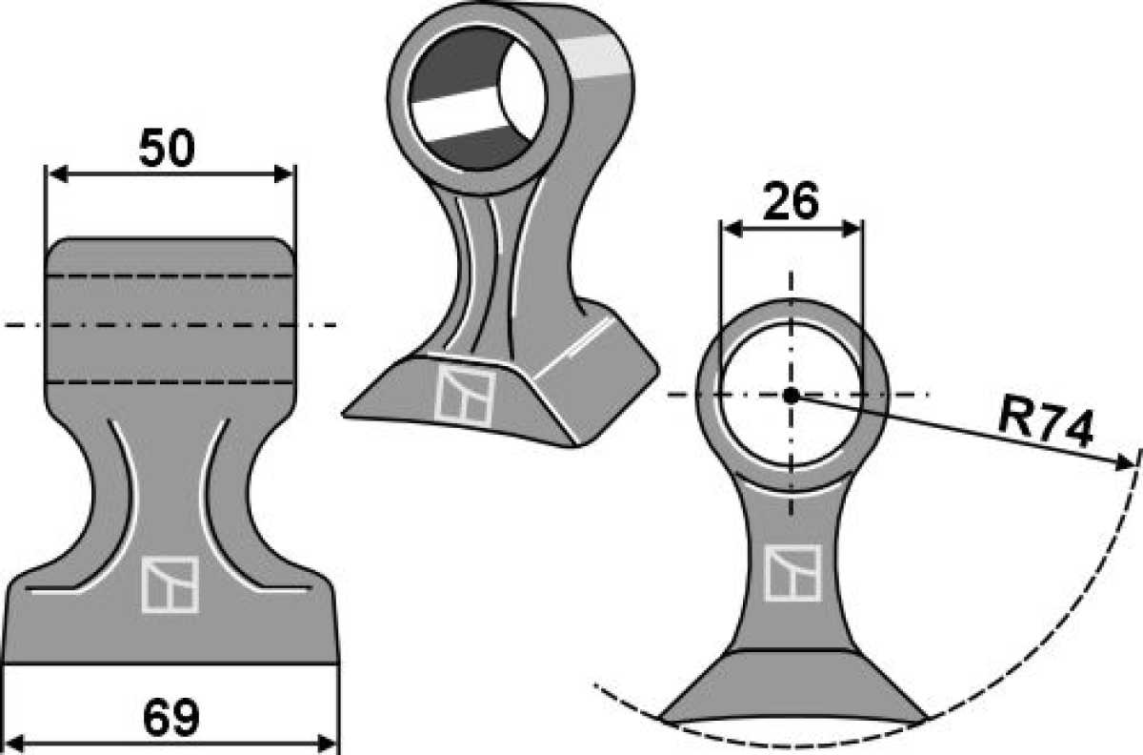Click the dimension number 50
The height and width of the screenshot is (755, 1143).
(x=167, y=148)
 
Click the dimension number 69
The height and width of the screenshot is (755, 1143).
(x=170, y=718)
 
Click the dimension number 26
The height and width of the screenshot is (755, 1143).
(x=791, y=201)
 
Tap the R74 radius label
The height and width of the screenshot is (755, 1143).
(x=1046, y=428)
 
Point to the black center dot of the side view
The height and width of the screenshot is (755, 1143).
(x=791, y=395)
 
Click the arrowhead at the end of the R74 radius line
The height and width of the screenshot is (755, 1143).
(x=1125, y=462)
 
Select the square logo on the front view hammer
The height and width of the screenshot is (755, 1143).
(x=170, y=584)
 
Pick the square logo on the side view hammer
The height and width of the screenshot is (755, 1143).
(x=792, y=573)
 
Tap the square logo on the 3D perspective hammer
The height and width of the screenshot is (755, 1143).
(x=465, y=397)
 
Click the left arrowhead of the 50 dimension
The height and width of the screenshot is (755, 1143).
(x=57, y=174)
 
